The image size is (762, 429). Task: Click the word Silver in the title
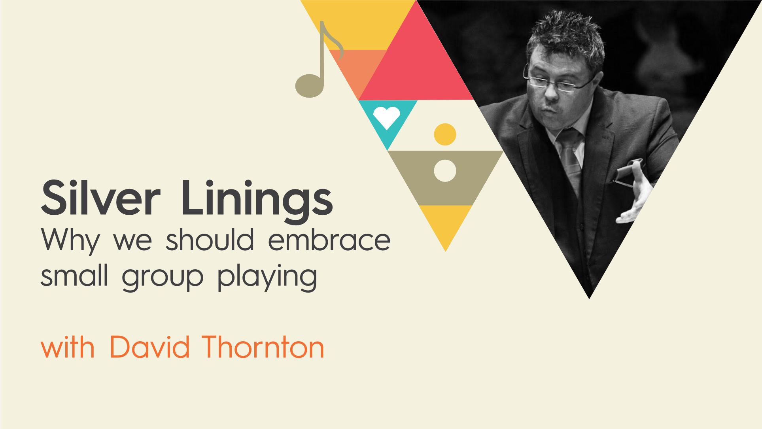(101, 198)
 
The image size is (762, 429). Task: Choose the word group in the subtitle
(163, 278)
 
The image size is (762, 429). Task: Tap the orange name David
(149, 347)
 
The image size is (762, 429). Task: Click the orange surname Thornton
(263, 347)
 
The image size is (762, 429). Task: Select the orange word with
(68, 347)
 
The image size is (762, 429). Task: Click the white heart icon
(387, 117)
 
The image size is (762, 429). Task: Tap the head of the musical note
(310, 85)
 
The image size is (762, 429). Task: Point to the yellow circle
(445, 134)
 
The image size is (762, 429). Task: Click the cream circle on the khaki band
(445, 171)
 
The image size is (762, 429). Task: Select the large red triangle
(416, 59)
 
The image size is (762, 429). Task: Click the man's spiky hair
(565, 36)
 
